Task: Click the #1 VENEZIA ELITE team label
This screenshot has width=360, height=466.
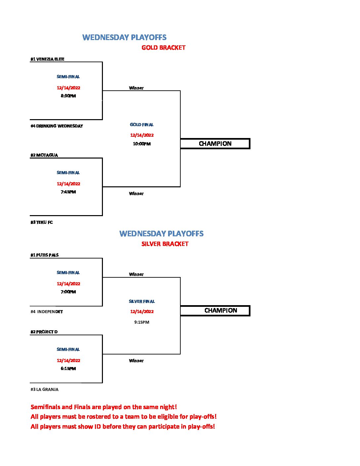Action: [x=47, y=59]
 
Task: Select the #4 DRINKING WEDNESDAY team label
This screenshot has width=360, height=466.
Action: [x=57, y=126]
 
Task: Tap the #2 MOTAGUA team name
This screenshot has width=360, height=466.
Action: [x=44, y=155]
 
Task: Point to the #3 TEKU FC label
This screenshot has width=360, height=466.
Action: [x=42, y=222]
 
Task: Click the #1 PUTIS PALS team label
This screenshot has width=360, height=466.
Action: [x=45, y=255]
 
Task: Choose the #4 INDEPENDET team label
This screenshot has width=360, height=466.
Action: [x=47, y=311]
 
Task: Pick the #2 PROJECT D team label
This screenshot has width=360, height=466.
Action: [x=44, y=332]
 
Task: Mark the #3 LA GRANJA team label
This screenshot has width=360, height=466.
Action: [x=44, y=390]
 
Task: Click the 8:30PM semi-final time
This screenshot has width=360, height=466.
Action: [x=68, y=96]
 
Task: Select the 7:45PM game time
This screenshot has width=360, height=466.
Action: [x=68, y=192]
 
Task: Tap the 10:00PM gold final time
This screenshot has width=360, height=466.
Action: [x=142, y=144]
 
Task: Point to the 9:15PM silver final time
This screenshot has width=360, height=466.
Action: [x=142, y=322]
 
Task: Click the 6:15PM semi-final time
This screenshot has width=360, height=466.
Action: [x=68, y=369]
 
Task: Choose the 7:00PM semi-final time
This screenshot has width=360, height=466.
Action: [x=68, y=292]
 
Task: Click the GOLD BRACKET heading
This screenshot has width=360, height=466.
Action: [x=163, y=48]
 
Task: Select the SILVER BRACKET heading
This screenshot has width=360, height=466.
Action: [x=165, y=244]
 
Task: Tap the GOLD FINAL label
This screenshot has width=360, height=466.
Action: [x=142, y=124]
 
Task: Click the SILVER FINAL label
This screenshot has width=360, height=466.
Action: [x=142, y=302]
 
